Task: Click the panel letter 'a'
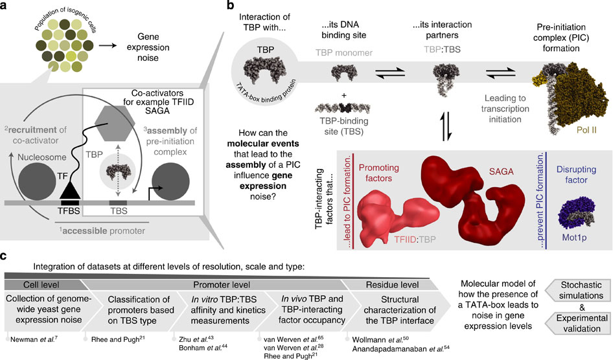point(6,7)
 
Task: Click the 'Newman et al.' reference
point(30,337)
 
